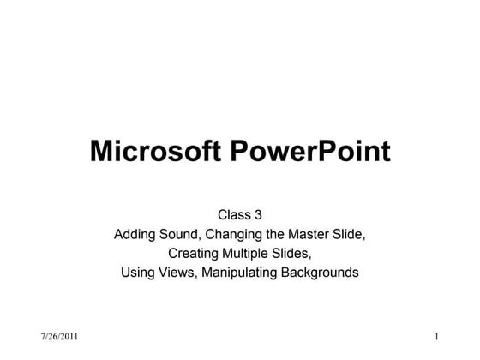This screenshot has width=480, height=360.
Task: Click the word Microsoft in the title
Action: coord(155,152)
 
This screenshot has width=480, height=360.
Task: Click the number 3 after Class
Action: coord(257,214)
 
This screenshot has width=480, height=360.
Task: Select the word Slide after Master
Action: coord(351,234)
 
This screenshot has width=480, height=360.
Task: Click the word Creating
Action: coord(195,254)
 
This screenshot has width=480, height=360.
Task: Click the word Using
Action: coord(138,274)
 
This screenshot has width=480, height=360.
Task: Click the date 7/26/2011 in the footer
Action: coord(59,334)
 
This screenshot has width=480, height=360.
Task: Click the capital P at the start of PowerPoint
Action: coord(239,152)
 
